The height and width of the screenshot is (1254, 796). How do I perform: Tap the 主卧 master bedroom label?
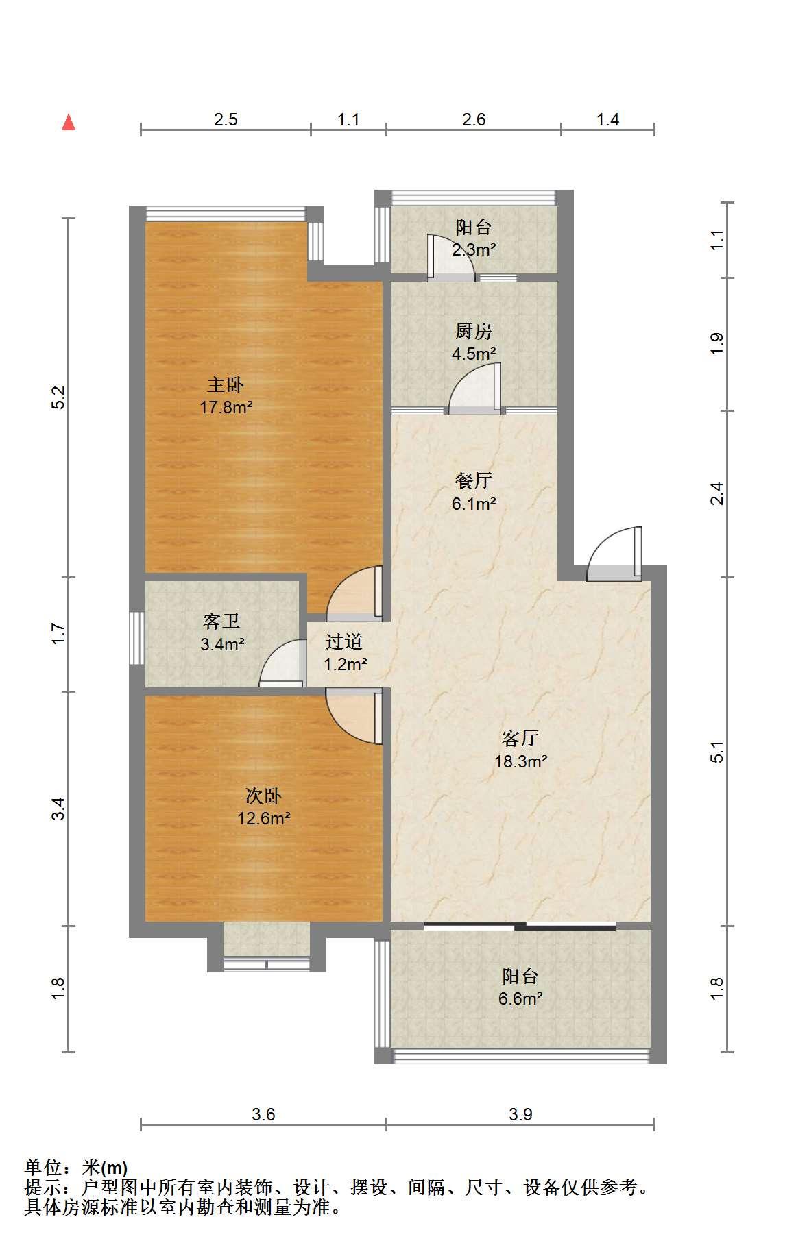pos(226,384)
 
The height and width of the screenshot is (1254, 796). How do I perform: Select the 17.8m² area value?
pos(226,408)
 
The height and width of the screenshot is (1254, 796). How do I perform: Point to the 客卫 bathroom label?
pos(221,621)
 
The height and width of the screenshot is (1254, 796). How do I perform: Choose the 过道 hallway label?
pos(343,641)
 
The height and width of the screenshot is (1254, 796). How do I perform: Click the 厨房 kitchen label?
pos(474,331)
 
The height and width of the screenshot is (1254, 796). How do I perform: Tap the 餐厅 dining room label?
pos(474,480)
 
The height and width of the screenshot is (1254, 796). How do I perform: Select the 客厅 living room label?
pos(520,738)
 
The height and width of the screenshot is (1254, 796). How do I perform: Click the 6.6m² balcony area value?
pos(520,998)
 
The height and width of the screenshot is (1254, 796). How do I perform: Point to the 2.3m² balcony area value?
pos(474,249)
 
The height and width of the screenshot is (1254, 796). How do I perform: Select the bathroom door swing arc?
pos(282,662)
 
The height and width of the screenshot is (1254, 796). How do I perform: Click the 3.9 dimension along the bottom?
pos(520,1114)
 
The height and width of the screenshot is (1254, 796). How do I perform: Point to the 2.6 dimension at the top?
pos(474,120)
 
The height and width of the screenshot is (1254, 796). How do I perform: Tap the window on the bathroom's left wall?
pos(137,638)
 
